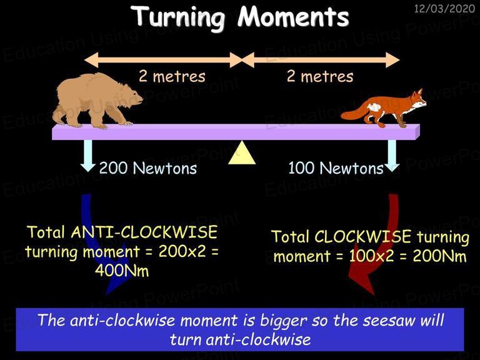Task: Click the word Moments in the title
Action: (294, 16)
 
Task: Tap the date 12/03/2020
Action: (444, 8)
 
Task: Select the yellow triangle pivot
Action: (242, 152)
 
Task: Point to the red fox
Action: (384, 108)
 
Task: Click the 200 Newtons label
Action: (148, 168)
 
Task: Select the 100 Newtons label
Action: (336, 168)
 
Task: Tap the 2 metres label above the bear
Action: (172, 76)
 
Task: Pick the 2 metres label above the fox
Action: (320, 76)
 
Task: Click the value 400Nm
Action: (122, 271)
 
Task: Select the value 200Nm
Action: (439, 256)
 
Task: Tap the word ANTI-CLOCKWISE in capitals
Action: (144, 232)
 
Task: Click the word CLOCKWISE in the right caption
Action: (362, 237)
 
